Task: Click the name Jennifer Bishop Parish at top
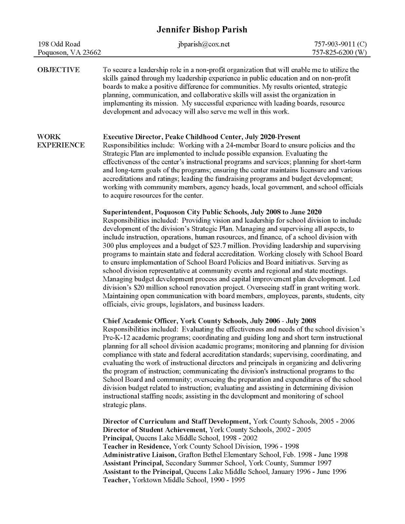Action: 202,30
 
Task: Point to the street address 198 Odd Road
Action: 59,44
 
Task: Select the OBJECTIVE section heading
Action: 58,70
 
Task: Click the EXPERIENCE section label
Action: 61,145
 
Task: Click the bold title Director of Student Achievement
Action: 155,429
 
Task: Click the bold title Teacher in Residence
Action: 137,446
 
